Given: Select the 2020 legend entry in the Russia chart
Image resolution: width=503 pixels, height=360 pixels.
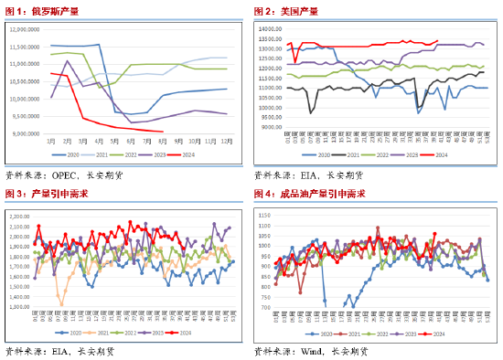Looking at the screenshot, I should pos(83,156).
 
